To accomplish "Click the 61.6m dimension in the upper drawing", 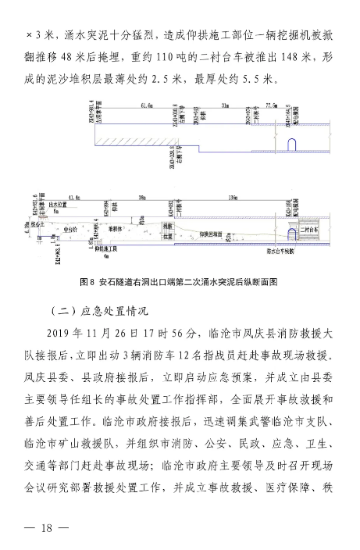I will point(146,104).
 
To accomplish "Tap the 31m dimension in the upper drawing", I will point(224,104).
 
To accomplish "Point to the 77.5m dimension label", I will point(271,104).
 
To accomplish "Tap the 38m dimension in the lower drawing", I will point(142,198).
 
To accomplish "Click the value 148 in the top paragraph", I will point(275,58).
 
